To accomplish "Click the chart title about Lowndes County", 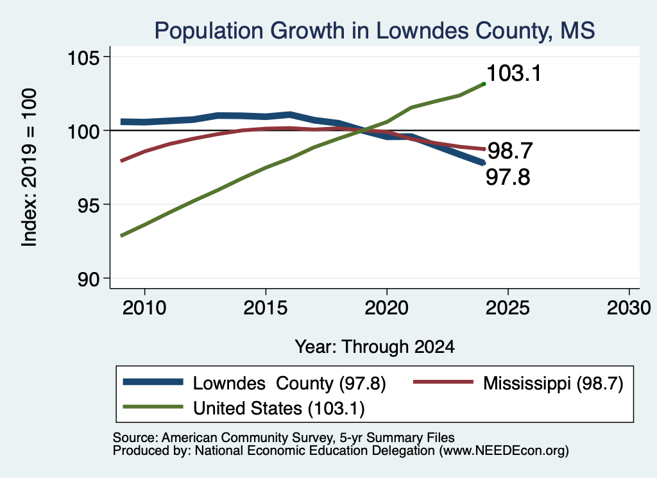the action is [375, 31].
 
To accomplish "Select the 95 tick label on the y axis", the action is [89, 205].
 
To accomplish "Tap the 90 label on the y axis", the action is [89, 279].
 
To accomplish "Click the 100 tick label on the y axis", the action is [84, 131].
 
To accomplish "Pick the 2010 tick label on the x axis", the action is [144, 308].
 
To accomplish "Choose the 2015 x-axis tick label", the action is [266, 308].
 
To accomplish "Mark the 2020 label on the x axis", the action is [387, 308].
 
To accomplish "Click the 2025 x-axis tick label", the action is [508, 308].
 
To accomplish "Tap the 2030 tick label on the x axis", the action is [629, 308].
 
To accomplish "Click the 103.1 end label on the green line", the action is [514, 73].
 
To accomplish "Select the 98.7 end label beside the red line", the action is [510, 151].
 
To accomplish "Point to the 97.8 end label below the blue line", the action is [508, 177].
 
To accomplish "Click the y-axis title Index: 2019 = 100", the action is [30, 167].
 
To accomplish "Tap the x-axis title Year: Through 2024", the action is [375, 347].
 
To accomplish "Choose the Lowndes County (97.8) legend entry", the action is [255, 383].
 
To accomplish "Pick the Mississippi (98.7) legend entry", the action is [518, 383].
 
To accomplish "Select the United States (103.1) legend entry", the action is [244, 408].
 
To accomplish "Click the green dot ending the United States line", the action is [484, 84].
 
